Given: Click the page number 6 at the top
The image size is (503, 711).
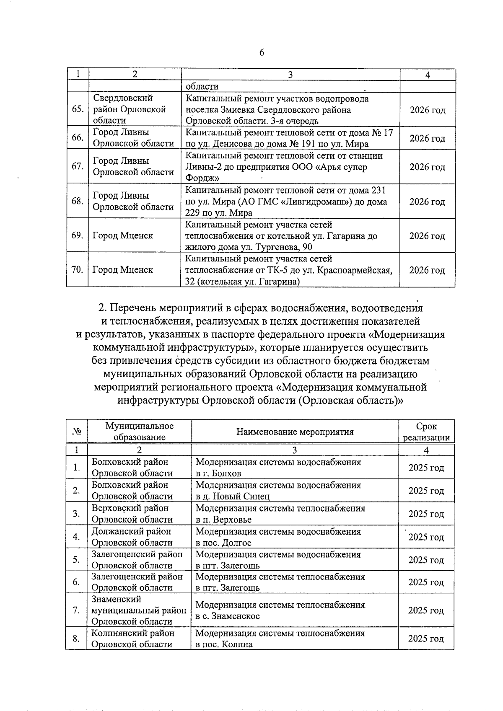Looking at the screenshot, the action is (262, 52).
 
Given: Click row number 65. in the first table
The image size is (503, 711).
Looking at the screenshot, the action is (77, 109).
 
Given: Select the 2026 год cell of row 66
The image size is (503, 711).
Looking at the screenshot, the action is (427, 138).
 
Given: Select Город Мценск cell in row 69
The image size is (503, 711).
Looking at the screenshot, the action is (123, 235).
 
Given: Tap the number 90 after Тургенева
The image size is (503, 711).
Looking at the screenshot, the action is (307, 247).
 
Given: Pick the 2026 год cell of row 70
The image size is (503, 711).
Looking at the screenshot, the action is (427, 270).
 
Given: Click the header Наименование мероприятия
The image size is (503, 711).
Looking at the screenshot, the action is (295, 432).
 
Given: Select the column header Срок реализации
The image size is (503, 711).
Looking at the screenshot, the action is (426, 432).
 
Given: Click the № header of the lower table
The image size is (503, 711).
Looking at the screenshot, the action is (77, 432).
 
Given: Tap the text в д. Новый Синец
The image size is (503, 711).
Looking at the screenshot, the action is (233, 496).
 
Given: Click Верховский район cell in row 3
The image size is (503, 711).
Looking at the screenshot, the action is (130, 508).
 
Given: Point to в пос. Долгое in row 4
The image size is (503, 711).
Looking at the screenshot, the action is (223, 543).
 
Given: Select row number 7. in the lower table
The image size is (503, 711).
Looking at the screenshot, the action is (76, 610).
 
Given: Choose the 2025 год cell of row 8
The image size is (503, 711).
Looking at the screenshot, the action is (426, 639).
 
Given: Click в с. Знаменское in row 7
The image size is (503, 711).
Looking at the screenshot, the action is (227, 616).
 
